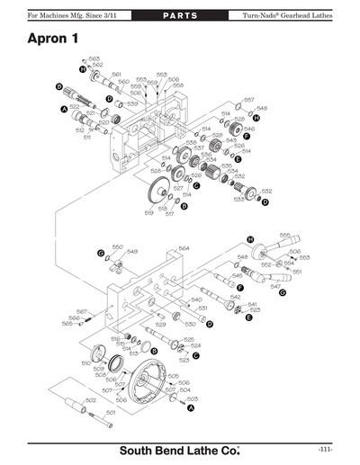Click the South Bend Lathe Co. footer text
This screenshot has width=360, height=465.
pos(180,448)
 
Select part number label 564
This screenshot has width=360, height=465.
pos(184,248)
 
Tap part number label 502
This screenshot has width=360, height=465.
pos(90,399)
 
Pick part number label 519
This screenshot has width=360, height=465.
pos(148,213)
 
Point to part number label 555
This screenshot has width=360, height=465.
pos(285,236)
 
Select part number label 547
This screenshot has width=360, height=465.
pos(275,287)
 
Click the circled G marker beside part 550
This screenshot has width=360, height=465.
pos(101,255)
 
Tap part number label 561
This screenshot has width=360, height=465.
pos(116,76)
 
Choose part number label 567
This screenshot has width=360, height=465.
pos(80,311)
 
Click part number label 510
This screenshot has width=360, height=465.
pos(85,362)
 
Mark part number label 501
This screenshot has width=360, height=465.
pos(111,412)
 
